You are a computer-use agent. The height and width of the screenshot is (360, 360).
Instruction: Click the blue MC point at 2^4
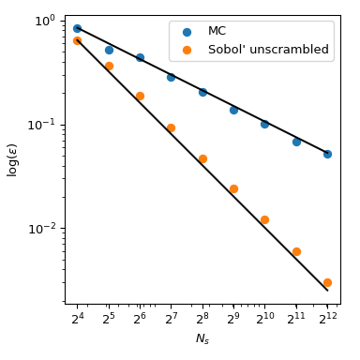coord(77,28)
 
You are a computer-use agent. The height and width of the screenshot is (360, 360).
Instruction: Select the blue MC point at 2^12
coord(327,154)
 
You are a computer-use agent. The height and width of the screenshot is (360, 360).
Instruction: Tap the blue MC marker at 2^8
coord(202,92)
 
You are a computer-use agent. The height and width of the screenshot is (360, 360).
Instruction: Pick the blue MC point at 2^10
coord(264,124)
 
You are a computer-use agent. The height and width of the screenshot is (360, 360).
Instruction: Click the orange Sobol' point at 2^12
coord(327,282)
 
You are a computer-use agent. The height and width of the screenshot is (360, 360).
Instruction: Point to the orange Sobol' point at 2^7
coord(171,127)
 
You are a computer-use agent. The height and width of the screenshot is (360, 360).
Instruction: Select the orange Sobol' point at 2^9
coord(233,188)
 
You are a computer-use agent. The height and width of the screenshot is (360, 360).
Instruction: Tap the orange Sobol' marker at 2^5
coord(109,67)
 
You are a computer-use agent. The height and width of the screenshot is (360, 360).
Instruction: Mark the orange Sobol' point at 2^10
coord(264,219)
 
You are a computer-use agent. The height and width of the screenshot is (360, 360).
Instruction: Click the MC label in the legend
coord(217,31)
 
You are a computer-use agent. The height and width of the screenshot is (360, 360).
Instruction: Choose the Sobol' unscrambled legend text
coord(268,50)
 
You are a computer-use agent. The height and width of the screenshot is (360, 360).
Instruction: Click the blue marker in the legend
coord(186,32)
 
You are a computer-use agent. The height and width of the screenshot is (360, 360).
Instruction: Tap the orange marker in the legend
coord(186,50)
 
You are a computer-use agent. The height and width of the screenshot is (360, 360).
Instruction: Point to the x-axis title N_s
coord(202,339)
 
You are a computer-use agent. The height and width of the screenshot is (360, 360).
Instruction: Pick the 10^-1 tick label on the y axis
coord(41,125)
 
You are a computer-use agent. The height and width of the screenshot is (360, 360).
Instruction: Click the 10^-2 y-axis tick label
coord(41,228)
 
